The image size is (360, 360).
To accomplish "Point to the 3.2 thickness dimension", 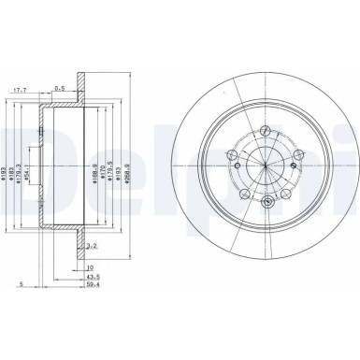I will click(90, 247).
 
